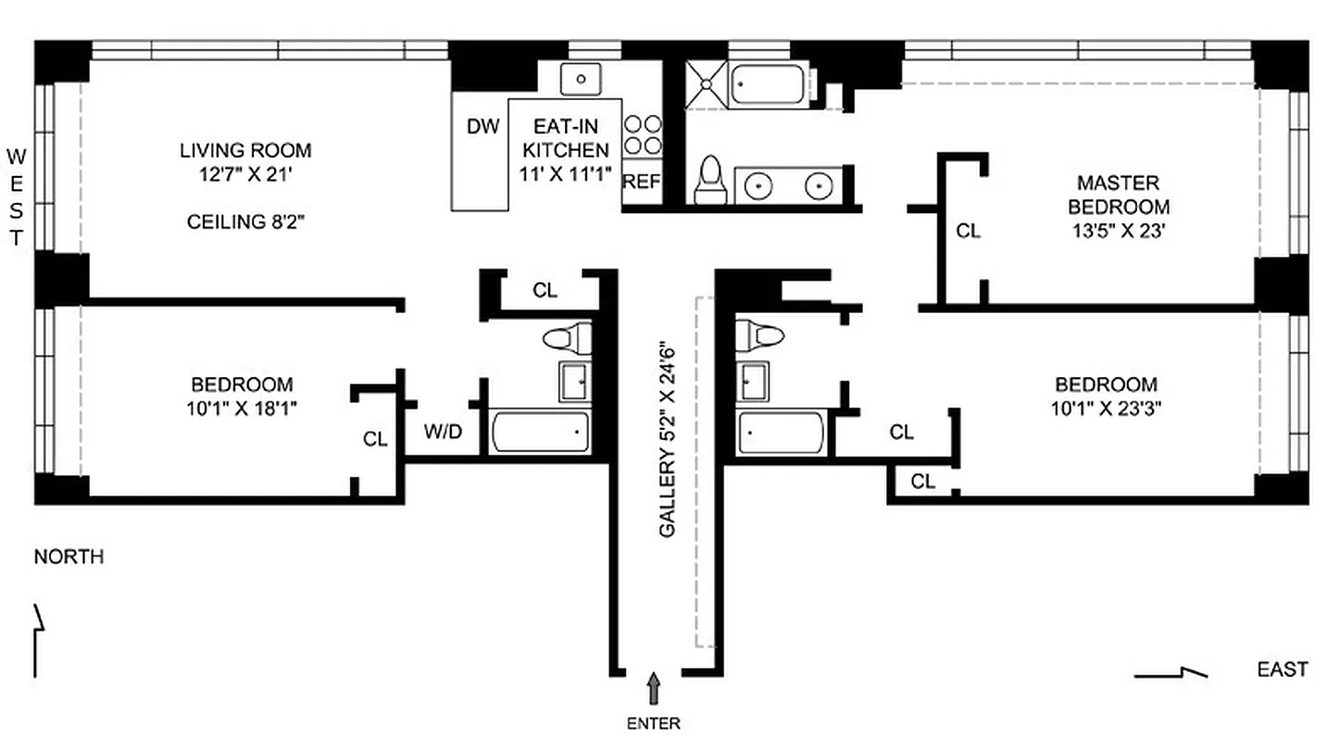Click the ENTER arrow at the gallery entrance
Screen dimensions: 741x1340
[x=655, y=689]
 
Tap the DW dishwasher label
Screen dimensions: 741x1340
[x=482, y=126]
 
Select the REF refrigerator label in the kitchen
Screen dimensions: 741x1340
[x=641, y=182]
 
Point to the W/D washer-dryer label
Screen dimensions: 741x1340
[x=443, y=432]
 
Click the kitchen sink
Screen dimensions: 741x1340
[x=582, y=79]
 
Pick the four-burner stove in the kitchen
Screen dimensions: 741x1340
[x=642, y=134]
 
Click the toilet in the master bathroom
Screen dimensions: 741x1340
[x=710, y=179]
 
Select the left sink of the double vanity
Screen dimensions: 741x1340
[x=758, y=185]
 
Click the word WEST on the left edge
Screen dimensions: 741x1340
[x=16, y=195]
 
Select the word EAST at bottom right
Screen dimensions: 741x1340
[x=1283, y=670]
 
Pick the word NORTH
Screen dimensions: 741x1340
[x=69, y=557]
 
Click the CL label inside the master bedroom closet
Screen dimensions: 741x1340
[x=968, y=232]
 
